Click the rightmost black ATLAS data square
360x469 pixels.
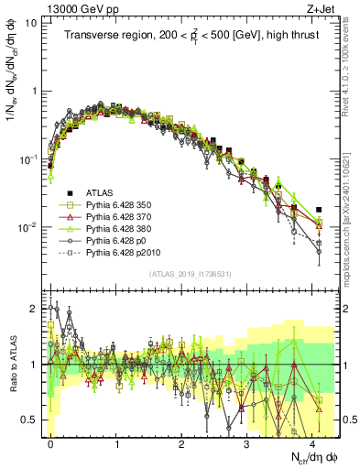319,210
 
